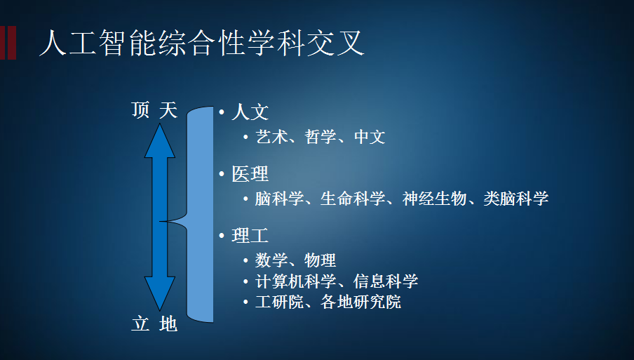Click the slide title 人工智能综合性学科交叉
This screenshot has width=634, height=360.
pos(202,43)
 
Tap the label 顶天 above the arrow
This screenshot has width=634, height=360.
pos(154,110)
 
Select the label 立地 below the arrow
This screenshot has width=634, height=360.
pos(154,324)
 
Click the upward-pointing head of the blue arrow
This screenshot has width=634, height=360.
pos(160,140)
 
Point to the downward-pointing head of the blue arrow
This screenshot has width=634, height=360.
pos(160,293)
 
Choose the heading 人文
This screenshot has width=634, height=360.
pos(250,112)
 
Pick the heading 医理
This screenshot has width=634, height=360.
pos(250,174)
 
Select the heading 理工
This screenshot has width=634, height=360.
pos(250,235)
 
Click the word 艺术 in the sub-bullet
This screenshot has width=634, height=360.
pos(271,137)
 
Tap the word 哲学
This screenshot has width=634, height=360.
pos(321,137)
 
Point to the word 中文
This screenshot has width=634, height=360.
pos(370,137)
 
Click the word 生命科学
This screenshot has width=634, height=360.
pos(353,199)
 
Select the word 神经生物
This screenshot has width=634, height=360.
pos(435,199)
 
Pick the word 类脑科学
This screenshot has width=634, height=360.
pos(516,199)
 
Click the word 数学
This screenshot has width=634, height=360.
pos(271,260)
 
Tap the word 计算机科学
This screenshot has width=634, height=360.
pos(296,281)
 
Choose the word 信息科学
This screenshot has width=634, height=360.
pos(386,281)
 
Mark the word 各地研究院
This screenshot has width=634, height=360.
pos(361,302)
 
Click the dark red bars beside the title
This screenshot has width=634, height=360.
pos(8,43)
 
